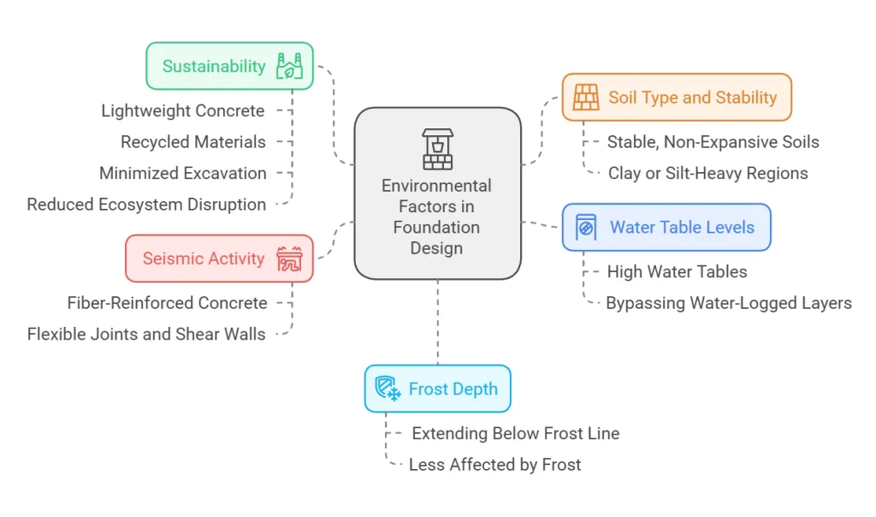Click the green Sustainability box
[229, 66]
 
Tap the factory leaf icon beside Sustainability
[289, 66]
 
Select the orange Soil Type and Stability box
[677, 98]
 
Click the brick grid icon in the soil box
[586, 98]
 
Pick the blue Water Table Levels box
[666, 227]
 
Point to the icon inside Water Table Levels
[586, 227]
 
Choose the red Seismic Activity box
[219, 258]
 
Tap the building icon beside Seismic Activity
[289, 258]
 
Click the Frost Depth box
[437, 389]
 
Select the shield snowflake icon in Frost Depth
[388, 389]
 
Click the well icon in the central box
[437, 149]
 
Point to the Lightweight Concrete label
[183, 110]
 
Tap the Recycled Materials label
[193, 142]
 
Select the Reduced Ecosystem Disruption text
[146, 205]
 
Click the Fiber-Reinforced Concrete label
[167, 303]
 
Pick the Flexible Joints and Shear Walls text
[146, 334]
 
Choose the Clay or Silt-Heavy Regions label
[707, 173]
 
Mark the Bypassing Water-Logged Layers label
[729, 303]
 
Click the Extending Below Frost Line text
[516, 433]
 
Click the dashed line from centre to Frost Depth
[437, 323]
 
